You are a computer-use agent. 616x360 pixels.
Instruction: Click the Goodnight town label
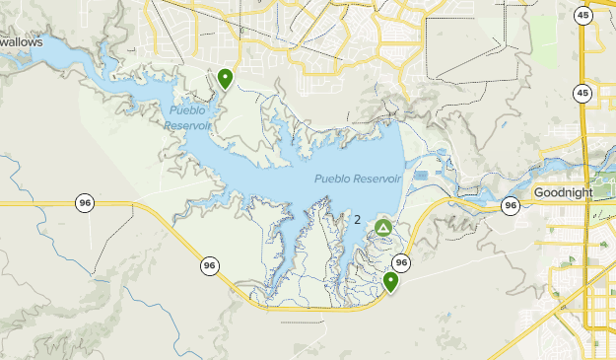[x=563, y=192]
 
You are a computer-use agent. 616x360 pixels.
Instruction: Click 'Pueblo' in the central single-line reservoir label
[x=334, y=179]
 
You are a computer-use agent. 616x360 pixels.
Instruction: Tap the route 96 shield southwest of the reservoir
[x=209, y=265]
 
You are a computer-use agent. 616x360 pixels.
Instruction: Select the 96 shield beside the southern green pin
[x=400, y=262]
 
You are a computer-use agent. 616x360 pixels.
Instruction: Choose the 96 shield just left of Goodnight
[x=510, y=205]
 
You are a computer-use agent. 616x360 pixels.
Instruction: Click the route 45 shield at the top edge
[x=583, y=15]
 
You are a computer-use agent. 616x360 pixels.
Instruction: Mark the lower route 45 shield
[x=583, y=94]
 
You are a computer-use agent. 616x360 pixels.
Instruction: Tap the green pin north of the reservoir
[x=226, y=78]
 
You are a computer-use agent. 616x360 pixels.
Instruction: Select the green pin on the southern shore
[x=391, y=282]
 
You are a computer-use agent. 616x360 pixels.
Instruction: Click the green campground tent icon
[x=382, y=230]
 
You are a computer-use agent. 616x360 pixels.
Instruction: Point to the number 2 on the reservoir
[x=357, y=220]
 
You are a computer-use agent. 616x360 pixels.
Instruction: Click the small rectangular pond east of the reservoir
[x=422, y=176]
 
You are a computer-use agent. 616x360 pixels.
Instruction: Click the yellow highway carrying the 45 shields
[x=583, y=138]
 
